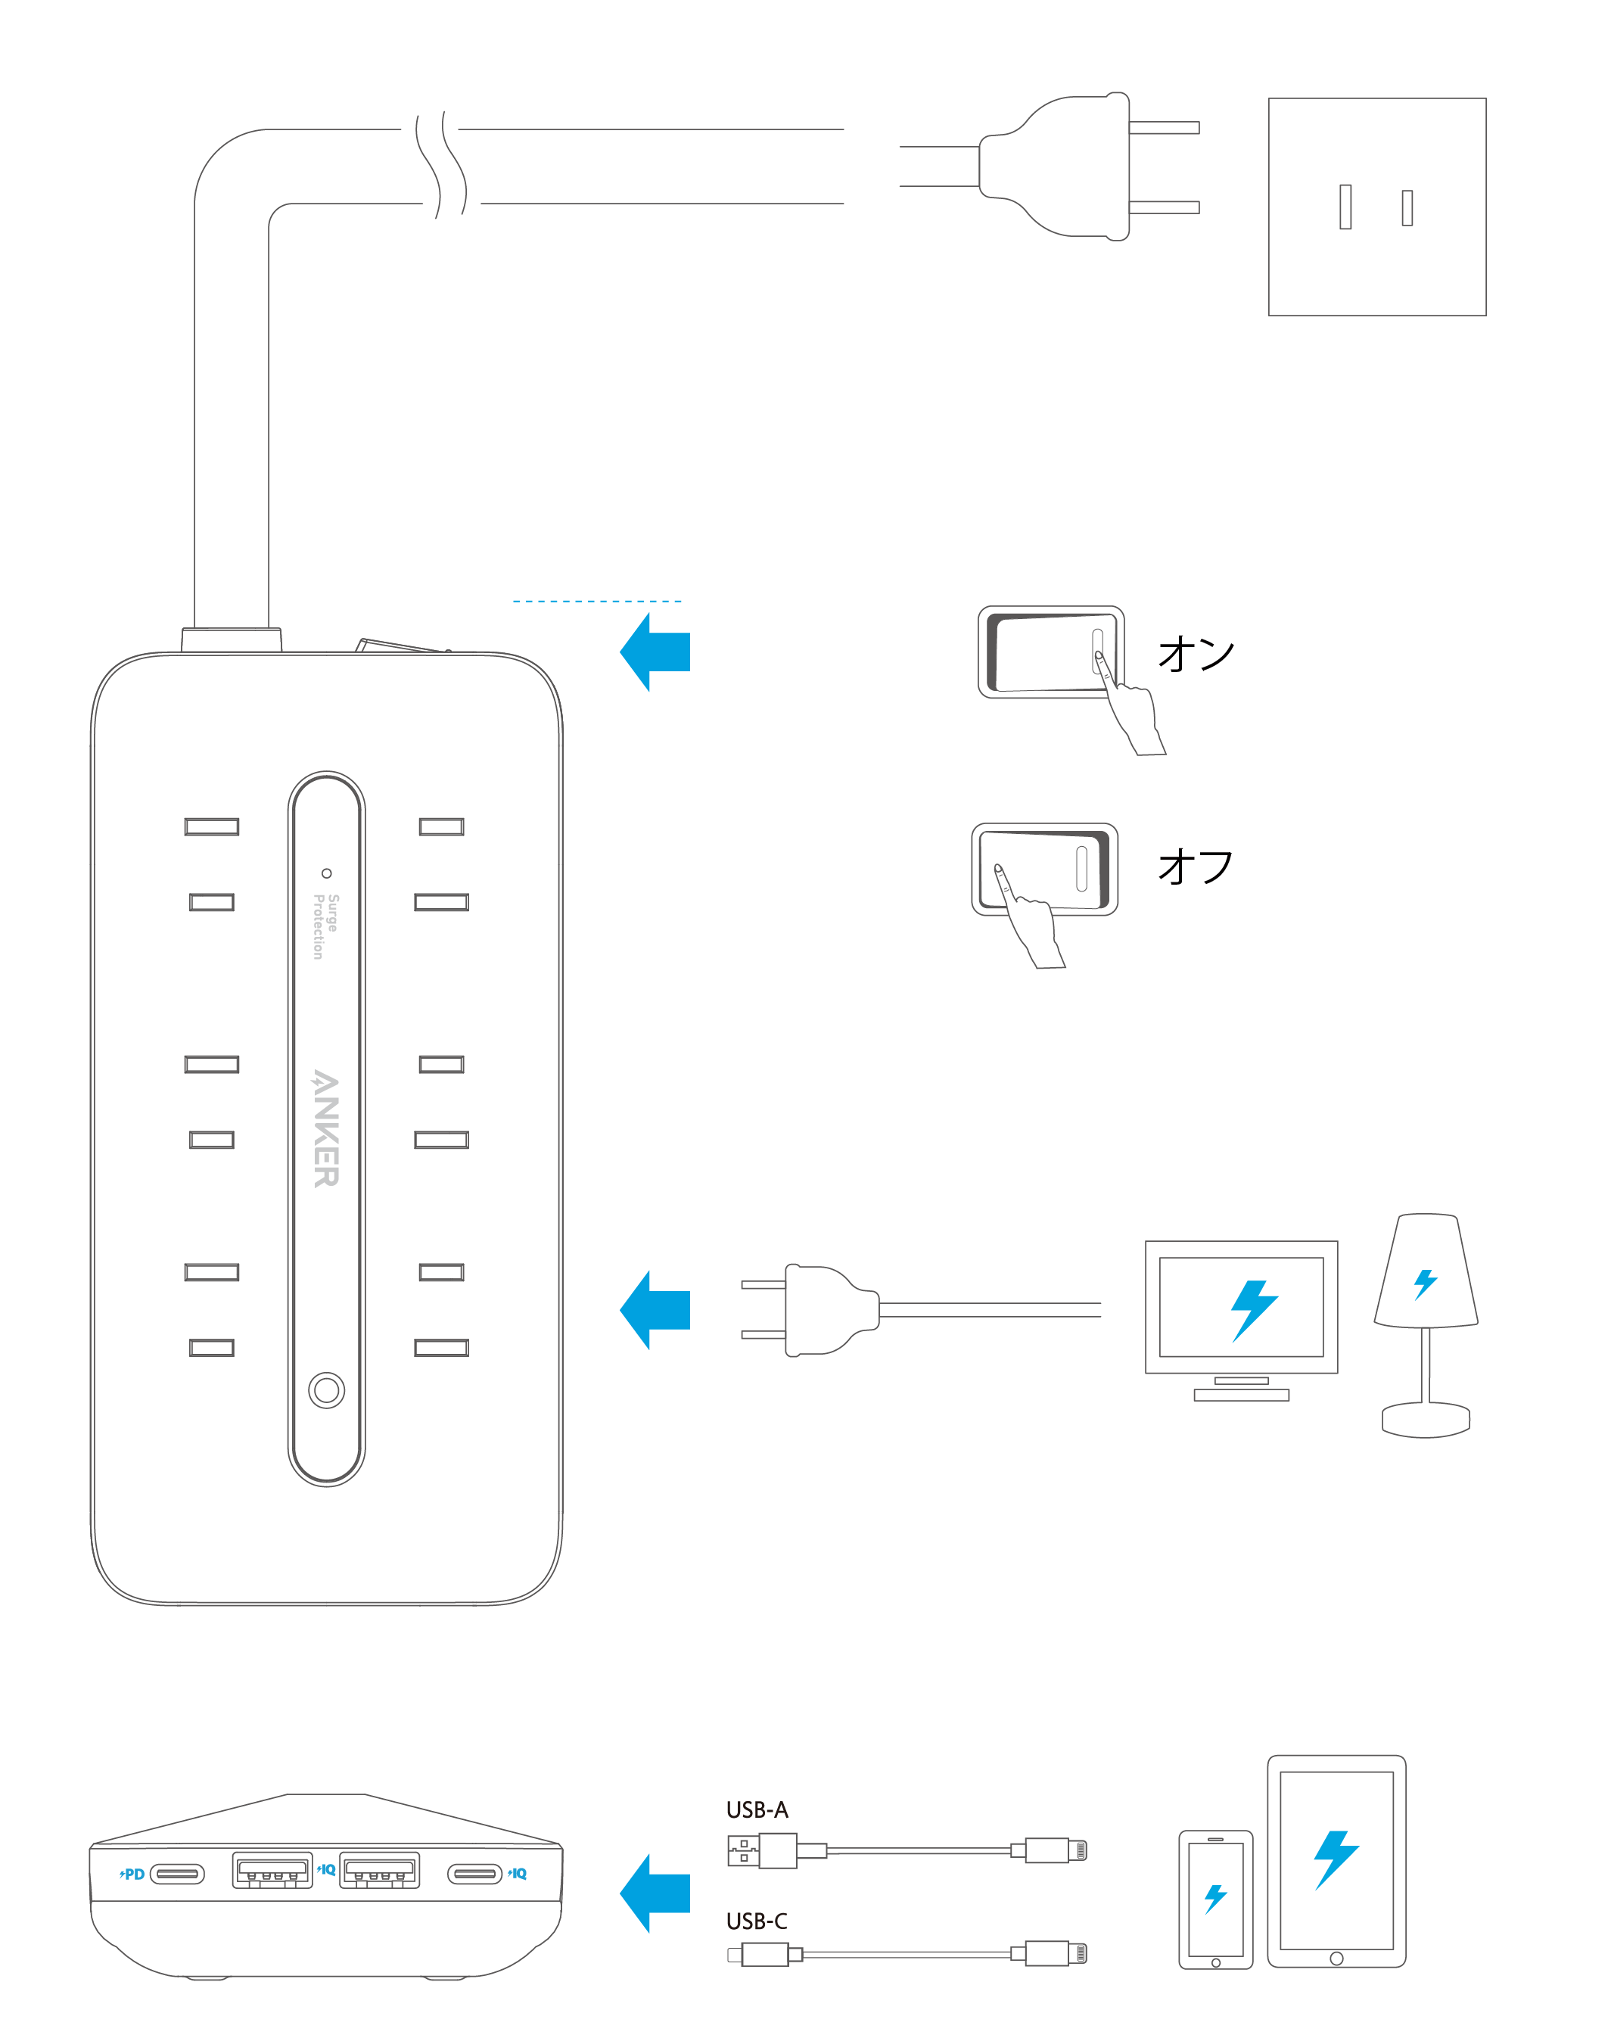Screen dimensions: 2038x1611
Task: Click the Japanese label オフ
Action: (1195, 866)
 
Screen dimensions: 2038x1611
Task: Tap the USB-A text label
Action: (757, 1809)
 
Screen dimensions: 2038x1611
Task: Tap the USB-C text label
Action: (757, 1921)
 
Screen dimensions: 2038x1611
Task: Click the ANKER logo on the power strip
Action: (325, 1128)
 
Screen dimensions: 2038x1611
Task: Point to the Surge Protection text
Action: (325, 926)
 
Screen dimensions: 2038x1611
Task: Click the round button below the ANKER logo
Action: (326, 1389)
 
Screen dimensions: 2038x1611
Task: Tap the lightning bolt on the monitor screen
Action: (1254, 1310)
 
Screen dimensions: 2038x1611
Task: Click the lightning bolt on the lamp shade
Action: (1425, 1283)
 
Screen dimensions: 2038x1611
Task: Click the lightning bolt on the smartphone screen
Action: (1216, 1899)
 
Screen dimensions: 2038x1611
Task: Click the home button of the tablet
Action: (1336, 1959)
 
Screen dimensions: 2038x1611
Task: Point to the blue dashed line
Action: (596, 601)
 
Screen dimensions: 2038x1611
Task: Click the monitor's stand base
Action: (1240, 1395)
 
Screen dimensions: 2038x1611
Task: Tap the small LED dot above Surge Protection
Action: (326, 873)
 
